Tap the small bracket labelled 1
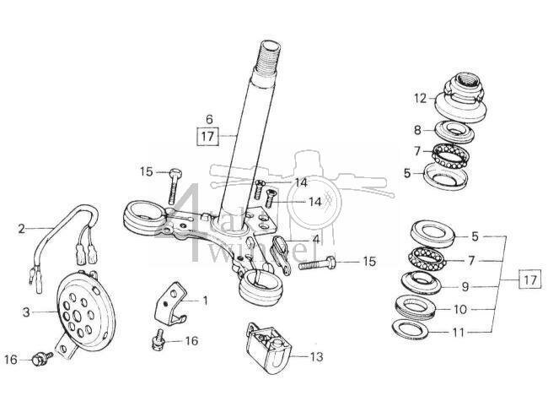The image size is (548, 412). tap(171, 301)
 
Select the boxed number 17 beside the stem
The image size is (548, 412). tap(207, 133)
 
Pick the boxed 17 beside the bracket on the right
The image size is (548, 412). tap(529, 279)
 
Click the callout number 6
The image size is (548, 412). tap(209, 118)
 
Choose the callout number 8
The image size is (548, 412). tap(417, 130)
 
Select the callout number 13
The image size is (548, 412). tap(314, 357)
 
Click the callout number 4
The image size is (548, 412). tap(315, 239)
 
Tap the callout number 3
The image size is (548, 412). tap(25, 312)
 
